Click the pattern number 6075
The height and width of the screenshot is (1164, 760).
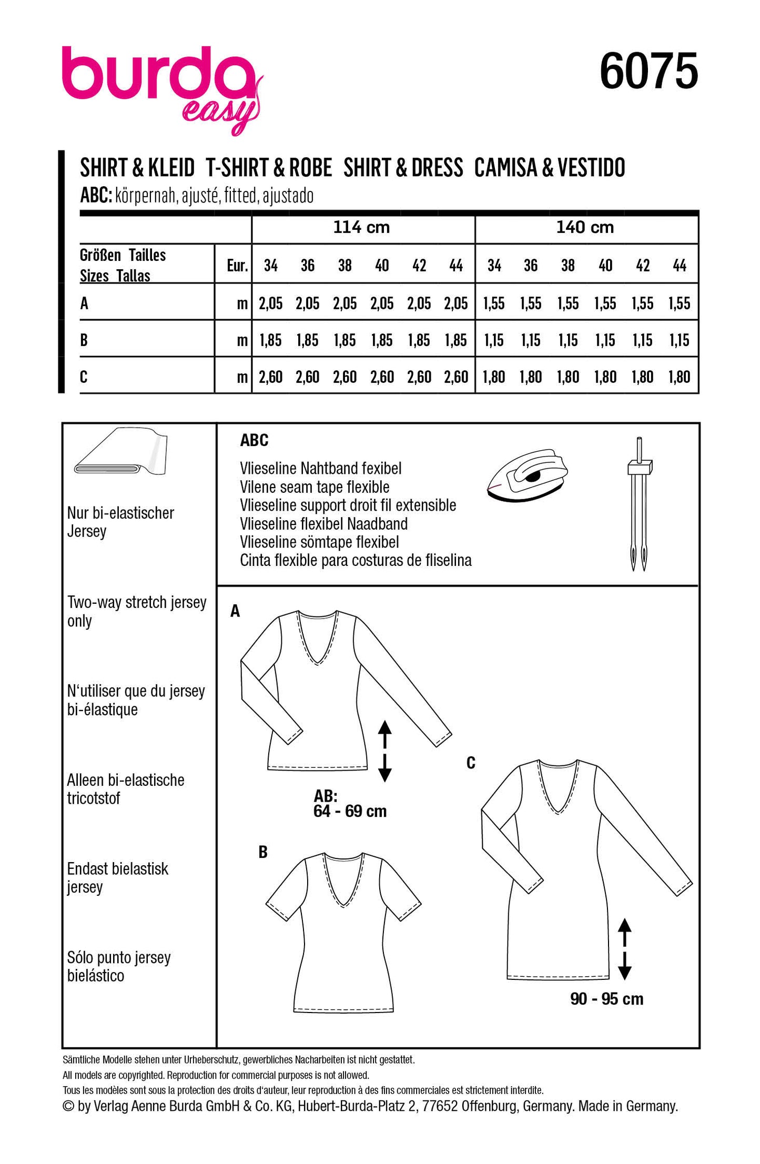(x=648, y=72)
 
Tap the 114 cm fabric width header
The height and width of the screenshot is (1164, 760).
(x=361, y=228)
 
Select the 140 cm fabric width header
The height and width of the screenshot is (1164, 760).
(x=585, y=228)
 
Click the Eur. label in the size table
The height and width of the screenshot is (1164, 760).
(x=237, y=266)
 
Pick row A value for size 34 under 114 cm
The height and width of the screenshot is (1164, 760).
(x=270, y=303)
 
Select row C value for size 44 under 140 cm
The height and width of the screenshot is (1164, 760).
(x=679, y=377)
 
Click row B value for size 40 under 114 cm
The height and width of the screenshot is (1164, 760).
(x=382, y=340)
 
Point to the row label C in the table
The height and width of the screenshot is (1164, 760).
(x=84, y=377)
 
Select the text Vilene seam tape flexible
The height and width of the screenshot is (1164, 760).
(x=315, y=487)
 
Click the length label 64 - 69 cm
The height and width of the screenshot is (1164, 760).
(x=350, y=811)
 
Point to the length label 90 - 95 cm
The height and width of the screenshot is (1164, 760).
(x=606, y=999)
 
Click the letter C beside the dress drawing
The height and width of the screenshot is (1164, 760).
(x=471, y=763)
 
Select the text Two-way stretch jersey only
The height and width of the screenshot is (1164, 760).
(x=136, y=611)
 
